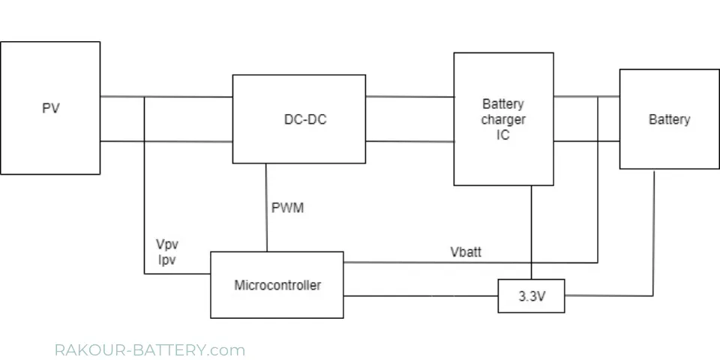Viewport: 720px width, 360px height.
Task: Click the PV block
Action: click(50, 108)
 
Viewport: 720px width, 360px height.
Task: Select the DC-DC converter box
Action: click(298, 118)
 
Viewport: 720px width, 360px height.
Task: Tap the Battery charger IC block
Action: click(503, 118)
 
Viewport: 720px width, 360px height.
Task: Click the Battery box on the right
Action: click(669, 119)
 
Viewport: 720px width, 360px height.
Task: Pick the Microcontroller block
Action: click(277, 285)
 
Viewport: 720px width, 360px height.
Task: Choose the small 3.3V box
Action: click(531, 296)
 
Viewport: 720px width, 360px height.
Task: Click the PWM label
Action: click(288, 208)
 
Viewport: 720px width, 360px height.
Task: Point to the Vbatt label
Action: click(465, 253)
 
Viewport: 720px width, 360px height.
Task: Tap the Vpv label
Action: click(167, 244)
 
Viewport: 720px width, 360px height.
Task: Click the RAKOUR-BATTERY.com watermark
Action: click(150, 350)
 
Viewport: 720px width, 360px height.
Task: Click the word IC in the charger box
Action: click(502, 135)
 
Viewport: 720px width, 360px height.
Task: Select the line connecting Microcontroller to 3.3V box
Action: click(420, 296)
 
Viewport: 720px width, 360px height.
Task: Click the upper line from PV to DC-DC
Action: click(187, 97)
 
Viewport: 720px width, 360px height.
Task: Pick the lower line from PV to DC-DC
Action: click(187, 141)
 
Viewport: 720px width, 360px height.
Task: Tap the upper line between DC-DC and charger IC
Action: click(409, 97)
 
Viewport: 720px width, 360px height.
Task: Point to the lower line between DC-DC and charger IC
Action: click(409, 141)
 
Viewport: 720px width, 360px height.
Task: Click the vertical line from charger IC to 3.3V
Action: click(532, 232)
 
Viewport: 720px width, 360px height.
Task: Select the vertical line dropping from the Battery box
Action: click(654, 232)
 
